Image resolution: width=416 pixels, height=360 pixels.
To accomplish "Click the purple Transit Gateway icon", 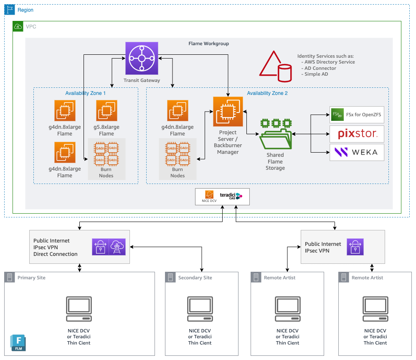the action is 142,58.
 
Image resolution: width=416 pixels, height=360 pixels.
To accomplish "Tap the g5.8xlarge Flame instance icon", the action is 107,110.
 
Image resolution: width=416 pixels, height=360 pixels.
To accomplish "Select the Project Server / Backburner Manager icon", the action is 228,112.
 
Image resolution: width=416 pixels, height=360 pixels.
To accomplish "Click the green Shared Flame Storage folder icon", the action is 276,134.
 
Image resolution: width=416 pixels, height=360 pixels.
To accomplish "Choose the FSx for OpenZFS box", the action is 357,115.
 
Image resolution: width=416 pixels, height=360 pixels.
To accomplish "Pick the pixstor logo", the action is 358,134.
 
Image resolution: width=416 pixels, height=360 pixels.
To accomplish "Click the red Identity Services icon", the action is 276,66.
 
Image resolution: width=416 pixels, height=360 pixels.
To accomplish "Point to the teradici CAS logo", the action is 231,196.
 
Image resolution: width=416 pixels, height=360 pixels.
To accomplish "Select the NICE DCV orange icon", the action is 209,194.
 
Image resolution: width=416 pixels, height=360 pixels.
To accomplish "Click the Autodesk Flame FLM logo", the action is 18,343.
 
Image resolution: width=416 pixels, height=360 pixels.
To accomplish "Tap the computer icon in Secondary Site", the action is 200,309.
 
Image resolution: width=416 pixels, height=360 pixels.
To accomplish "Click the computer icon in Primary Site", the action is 79,309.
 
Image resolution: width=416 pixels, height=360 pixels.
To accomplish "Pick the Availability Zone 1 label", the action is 86,93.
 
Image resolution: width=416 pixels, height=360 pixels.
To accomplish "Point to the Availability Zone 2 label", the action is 267,93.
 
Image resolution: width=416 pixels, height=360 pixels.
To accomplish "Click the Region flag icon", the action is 10,10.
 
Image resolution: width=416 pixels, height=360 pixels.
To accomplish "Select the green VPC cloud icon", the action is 18,26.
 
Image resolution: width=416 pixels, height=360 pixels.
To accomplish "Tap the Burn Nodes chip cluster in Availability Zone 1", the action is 107,154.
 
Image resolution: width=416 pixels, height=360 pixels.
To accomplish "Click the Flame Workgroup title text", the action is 208,43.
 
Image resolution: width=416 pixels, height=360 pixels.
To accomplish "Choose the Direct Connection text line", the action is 56,254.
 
